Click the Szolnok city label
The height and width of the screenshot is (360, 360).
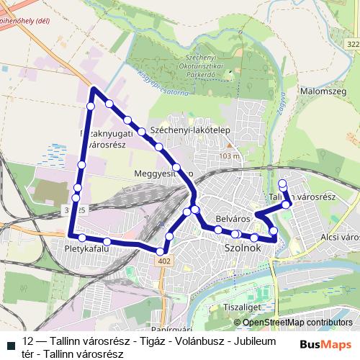pos(242,247)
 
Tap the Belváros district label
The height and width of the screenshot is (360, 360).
pos(232,217)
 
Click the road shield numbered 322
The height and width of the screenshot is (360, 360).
pos(352,45)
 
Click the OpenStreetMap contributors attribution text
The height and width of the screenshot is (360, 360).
pos(297,323)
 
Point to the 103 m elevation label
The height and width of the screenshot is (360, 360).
pos(230,156)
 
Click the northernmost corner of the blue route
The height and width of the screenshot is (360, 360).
pos(94,89)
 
